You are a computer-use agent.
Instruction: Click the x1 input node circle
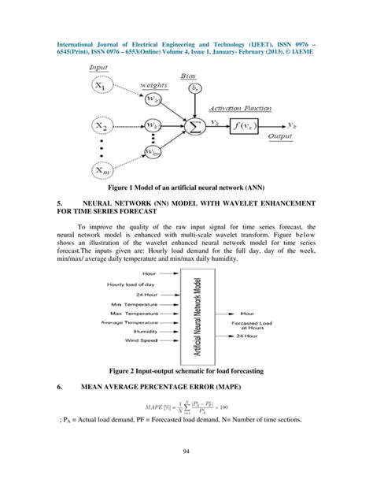click(x=105, y=84)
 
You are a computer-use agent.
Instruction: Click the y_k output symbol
click(x=292, y=124)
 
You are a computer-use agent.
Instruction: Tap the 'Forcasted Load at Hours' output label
click(x=254, y=324)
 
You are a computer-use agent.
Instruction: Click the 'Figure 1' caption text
click(x=186, y=189)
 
